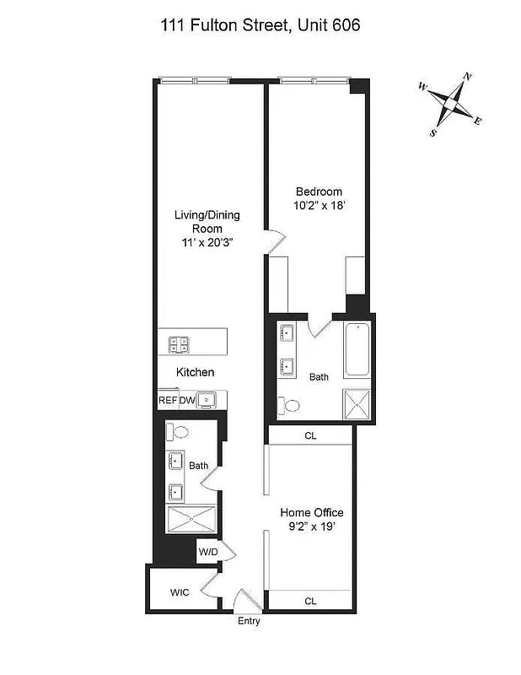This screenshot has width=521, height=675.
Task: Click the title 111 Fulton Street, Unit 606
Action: (x=260, y=26)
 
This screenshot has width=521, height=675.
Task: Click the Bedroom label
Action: (x=319, y=191)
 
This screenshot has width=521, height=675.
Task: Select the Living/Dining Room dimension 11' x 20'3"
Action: (x=207, y=241)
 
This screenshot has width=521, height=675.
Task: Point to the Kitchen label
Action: (x=195, y=372)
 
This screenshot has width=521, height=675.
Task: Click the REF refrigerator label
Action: (x=167, y=401)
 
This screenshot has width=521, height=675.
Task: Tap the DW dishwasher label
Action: (x=186, y=401)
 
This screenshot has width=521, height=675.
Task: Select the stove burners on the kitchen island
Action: (x=179, y=343)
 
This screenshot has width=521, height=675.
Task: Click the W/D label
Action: (x=207, y=553)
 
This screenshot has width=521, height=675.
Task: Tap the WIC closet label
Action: (x=180, y=592)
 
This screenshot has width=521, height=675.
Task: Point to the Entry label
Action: (x=248, y=621)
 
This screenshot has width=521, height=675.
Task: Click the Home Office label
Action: (x=312, y=512)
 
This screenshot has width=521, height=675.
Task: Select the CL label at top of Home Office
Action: (x=309, y=435)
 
